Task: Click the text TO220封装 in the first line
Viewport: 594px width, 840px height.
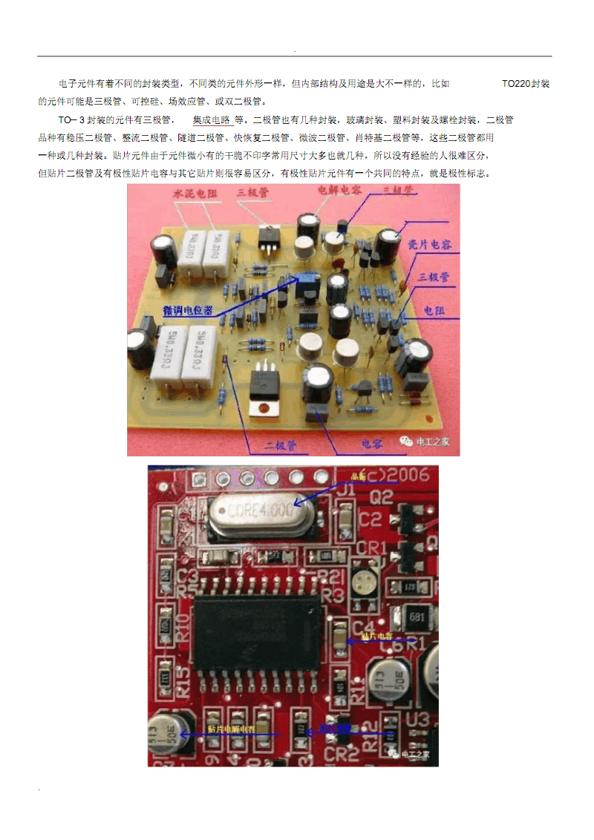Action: click(x=526, y=84)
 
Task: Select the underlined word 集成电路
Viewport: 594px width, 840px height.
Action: click(x=212, y=119)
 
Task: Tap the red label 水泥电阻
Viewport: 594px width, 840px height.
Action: click(x=195, y=193)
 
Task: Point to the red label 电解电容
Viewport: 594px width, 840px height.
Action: click(x=339, y=190)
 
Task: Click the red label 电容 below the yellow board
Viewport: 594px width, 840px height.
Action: click(x=372, y=444)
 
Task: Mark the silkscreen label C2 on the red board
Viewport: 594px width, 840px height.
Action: click(x=371, y=519)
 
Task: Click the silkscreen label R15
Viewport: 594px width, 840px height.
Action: click(x=183, y=679)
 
